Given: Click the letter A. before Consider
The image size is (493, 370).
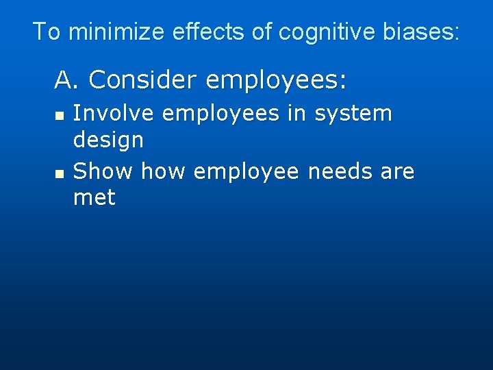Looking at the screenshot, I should (68, 81).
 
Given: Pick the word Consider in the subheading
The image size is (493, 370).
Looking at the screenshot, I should (143, 81).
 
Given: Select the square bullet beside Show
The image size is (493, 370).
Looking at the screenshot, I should (60, 174).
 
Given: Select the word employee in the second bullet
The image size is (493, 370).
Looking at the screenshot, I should (246, 172).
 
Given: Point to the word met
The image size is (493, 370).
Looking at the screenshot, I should (94, 199).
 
